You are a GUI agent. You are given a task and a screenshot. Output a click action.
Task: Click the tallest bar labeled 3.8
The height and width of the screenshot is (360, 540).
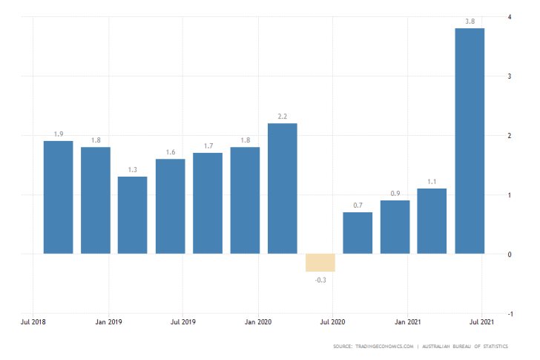(x=470, y=141)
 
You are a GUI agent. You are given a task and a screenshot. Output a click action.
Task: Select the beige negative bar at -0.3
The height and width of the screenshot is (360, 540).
(x=320, y=263)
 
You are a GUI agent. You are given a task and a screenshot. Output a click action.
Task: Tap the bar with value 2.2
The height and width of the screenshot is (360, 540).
(x=283, y=189)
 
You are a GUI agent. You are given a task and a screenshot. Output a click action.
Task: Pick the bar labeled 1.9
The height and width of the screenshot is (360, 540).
(x=59, y=197)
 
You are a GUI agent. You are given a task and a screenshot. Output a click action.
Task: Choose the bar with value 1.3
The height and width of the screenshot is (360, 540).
(x=133, y=215)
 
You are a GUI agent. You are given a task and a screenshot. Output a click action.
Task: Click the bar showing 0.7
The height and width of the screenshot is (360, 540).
(x=358, y=233)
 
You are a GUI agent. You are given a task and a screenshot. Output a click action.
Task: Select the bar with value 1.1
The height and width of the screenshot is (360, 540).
(x=432, y=221)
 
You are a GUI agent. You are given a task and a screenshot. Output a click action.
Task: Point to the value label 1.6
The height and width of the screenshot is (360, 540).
(x=171, y=152)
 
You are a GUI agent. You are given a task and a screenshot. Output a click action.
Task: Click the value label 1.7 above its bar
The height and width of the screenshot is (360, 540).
(x=208, y=146)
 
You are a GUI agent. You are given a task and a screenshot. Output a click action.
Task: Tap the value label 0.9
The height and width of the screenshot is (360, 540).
(x=395, y=194)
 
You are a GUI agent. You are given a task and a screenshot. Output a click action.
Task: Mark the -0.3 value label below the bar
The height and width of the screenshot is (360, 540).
(x=320, y=280)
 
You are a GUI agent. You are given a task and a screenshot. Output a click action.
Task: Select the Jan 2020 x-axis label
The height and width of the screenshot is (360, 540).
(x=258, y=322)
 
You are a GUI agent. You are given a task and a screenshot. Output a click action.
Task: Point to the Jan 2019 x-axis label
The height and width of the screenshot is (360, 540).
(x=109, y=322)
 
